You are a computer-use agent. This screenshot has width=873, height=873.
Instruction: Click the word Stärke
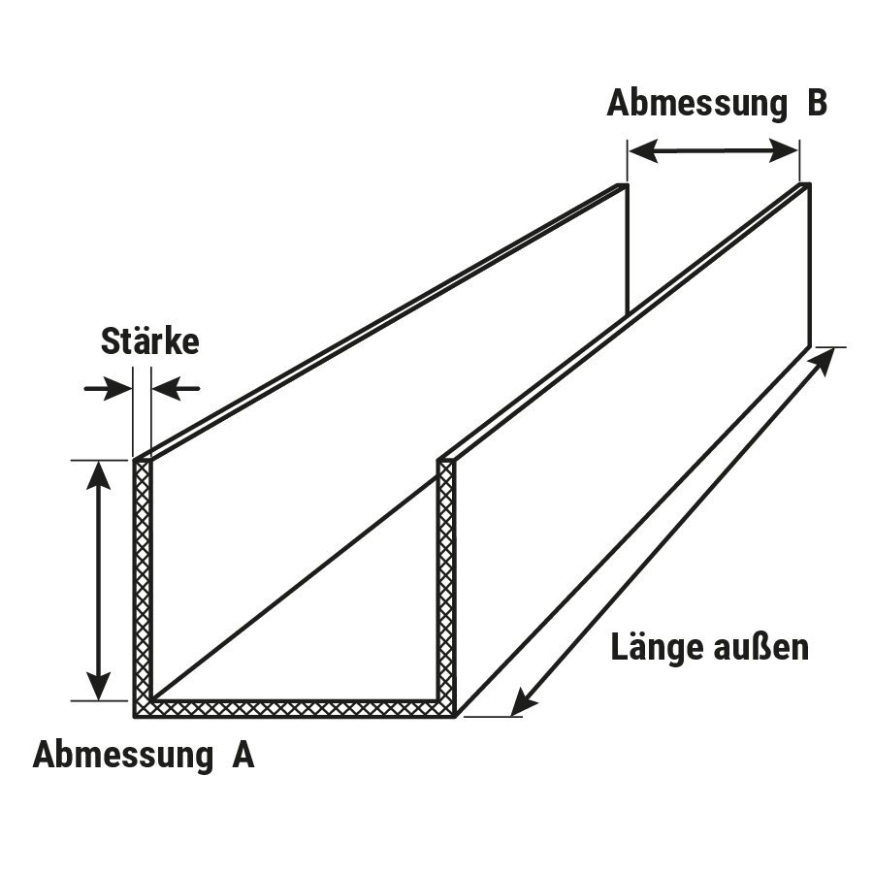(149, 341)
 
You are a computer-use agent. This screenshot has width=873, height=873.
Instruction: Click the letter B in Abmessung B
(816, 104)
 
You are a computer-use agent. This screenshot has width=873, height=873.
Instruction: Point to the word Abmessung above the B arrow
(695, 104)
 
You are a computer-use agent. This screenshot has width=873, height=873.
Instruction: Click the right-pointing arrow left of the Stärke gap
(109, 389)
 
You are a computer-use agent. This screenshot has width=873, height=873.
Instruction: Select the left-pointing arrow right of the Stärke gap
(175, 389)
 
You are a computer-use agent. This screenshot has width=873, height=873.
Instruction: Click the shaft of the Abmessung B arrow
(714, 151)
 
